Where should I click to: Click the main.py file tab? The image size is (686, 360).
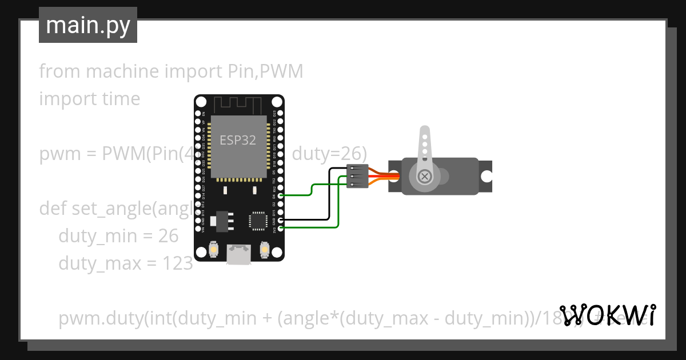click(x=87, y=25)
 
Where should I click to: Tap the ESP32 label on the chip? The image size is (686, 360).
click(x=238, y=140)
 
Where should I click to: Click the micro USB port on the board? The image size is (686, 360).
click(x=239, y=254)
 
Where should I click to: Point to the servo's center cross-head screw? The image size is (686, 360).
click(x=425, y=177)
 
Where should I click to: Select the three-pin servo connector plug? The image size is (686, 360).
click(x=357, y=176)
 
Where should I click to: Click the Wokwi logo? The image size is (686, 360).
click(x=607, y=315)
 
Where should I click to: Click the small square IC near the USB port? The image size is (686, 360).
click(x=258, y=220)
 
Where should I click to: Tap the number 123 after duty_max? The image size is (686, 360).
click(x=177, y=263)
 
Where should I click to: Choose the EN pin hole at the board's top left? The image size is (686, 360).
click(x=198, y=114)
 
